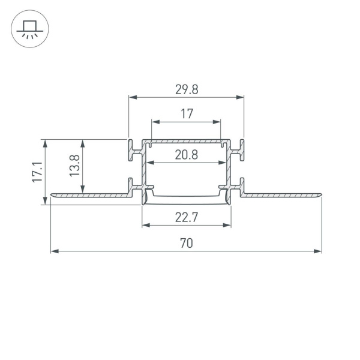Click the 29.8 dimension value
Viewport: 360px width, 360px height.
coord(187,89)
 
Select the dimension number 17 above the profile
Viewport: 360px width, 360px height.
coord(187,113)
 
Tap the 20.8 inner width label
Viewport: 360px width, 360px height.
coord(187,155)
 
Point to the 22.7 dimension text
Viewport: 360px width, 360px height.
coord(187,218)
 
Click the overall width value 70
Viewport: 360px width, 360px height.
coord(187,243)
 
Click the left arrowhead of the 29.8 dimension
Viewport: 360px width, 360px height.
coord(133,97)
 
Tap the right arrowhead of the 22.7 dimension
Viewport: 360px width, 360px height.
coord(228,226)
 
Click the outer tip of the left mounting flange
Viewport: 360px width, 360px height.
coord(52,194)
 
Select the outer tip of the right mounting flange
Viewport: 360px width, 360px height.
coord(320,194)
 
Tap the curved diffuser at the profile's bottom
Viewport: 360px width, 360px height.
coord(187,199)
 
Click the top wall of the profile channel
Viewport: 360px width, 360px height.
coord(187,142)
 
